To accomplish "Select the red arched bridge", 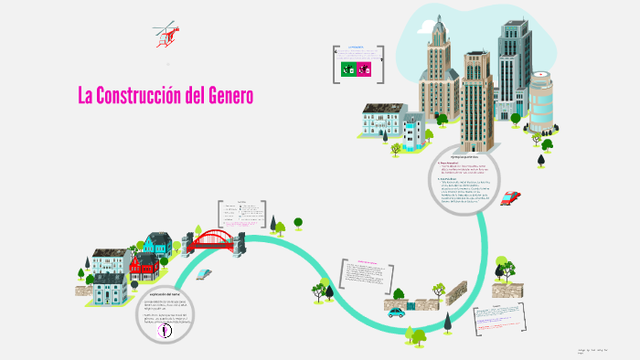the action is pyautogui.click(x=213, y=239).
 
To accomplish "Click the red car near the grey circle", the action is pyautogui.click(x=511, y=197).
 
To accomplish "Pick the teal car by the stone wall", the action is pyautogui.click(x=396, y=312).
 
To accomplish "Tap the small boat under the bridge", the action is pyautogui.click(x=207, y=273).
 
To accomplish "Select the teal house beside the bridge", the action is pyautogui.click(x=158, y=245).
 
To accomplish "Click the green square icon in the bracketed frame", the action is pyautogui.click(x=347, y=69).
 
